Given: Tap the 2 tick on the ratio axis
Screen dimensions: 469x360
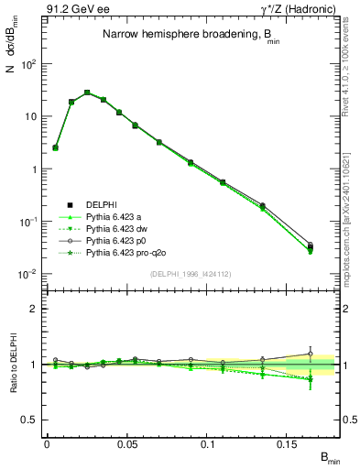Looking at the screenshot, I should [x=35, y=309].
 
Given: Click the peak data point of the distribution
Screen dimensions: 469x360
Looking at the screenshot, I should [x=87, y=93].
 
